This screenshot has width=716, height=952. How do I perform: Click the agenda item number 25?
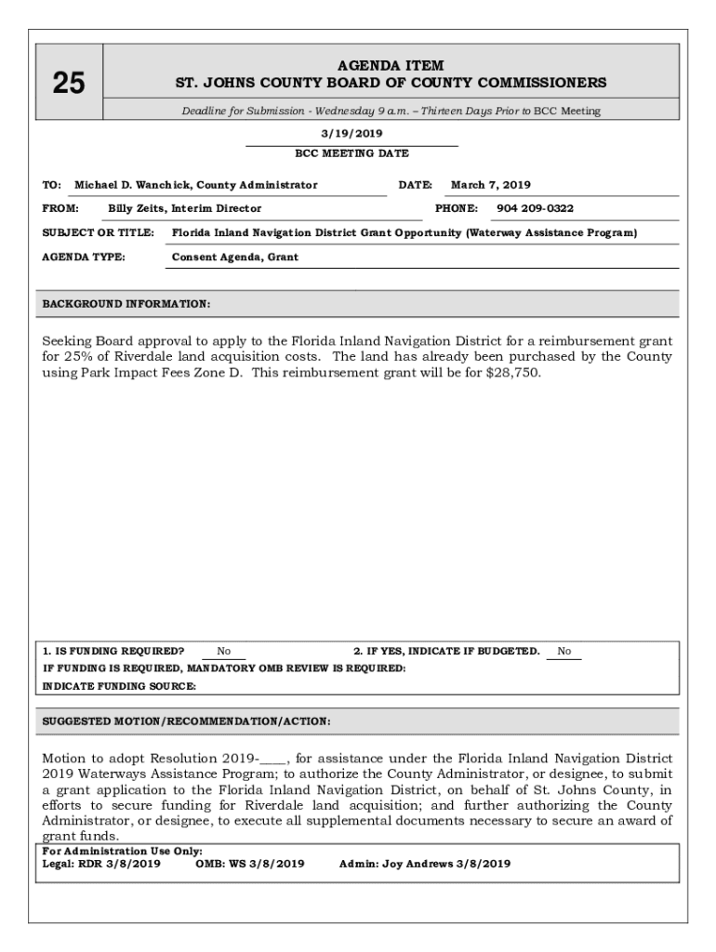click(69, 84)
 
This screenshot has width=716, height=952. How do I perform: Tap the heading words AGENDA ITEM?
click(391, 66)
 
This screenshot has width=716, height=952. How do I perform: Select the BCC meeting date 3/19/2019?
click(351, 134)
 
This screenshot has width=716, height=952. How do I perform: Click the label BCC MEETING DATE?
click(351, 153)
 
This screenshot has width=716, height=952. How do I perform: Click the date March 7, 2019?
click(491, 185)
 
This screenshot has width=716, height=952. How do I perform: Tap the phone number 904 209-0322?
click(535, 208)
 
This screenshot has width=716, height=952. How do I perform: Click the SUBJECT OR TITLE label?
click(99, 233)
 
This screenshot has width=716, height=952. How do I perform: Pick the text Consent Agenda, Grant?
click(235, 258)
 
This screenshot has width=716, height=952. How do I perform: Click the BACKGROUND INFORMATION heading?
click(126, 304)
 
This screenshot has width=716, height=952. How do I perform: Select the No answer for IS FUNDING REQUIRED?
click(224, 652)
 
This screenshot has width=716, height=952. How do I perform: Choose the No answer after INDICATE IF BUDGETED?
click(564, 652)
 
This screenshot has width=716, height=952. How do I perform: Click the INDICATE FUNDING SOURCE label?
click(119, 686)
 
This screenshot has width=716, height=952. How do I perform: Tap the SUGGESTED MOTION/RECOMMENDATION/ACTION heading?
click(186, 721)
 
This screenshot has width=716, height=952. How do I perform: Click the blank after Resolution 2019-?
click(274, 759)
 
